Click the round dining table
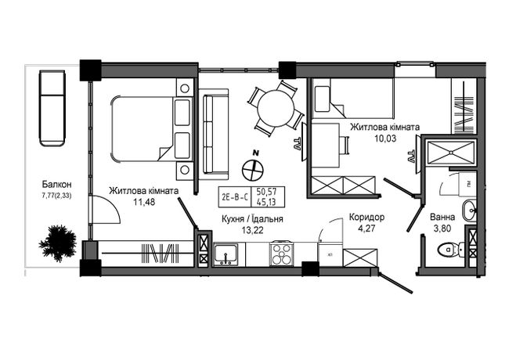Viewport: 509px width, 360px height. [x=276, y=108]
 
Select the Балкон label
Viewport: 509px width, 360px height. [x=57, y=185]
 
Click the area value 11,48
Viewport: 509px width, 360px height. [x=144, y=202]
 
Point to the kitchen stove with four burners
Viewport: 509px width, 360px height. [x=281, y=254]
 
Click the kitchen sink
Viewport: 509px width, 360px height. [x=226, y=254]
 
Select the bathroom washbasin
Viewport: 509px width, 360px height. [x=469, y=211]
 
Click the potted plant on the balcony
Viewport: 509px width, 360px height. [x=58, y=243]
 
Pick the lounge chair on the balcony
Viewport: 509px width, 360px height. [x=52, y=108]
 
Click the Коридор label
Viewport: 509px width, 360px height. [x=366, y=217]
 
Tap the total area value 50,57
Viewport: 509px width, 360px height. [x=266, y=192]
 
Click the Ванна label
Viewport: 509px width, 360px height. [x=442, y=217]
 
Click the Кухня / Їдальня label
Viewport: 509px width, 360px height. [x=252, y=219]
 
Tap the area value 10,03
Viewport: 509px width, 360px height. [x=385, y=139]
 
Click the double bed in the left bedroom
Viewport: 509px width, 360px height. [x=152, y=129]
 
